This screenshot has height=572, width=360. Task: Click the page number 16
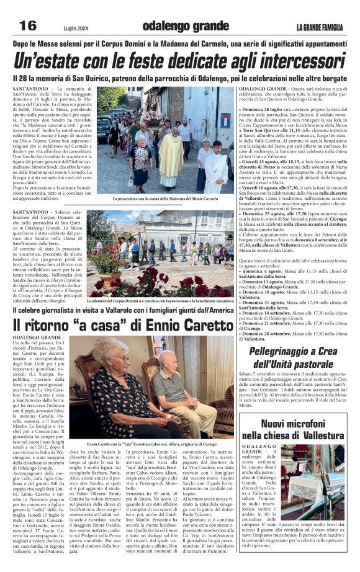(28, 25)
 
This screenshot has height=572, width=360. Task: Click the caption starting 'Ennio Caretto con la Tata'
(161, 445)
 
